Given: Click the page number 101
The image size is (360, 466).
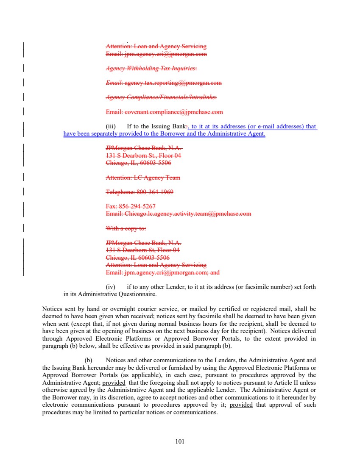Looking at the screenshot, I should (x=180, y=441).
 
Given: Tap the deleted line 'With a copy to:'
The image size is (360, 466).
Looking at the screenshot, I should (x=126, y=228).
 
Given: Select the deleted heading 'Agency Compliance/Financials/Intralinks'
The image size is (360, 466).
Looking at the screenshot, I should (x=161, y=97).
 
